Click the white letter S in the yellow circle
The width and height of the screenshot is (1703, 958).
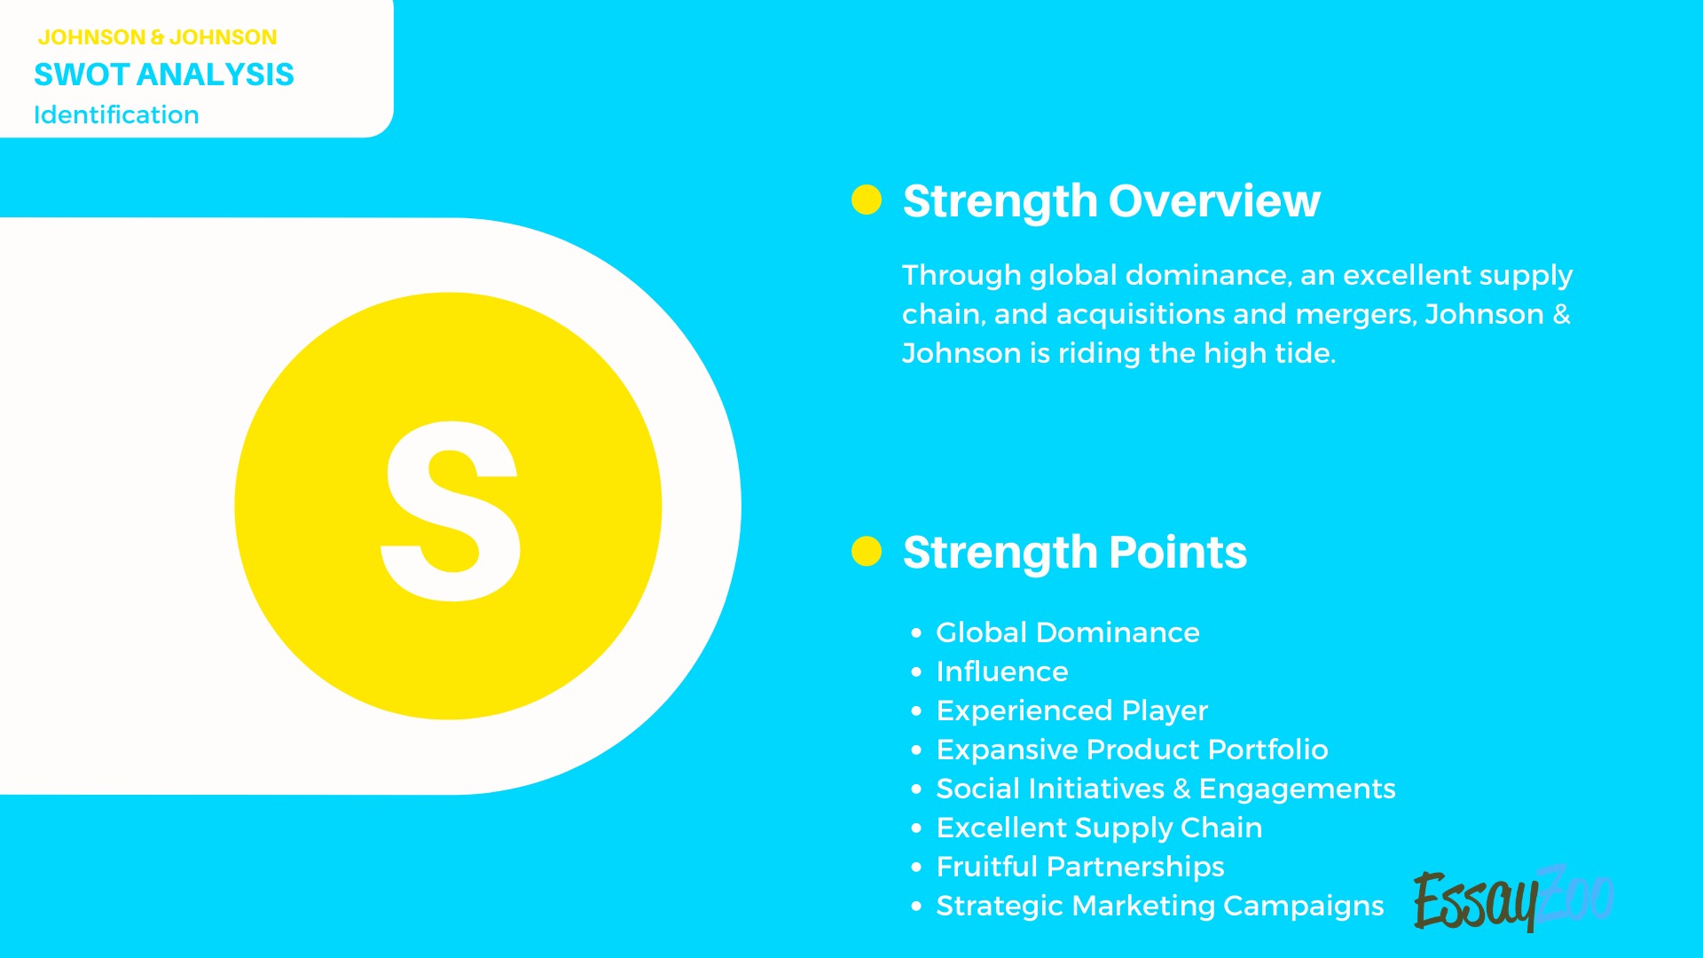click(451, 510)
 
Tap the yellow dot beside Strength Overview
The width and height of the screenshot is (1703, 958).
click(866, 200)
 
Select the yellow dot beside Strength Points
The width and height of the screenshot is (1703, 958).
click(866, 551)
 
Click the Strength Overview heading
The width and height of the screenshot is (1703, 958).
click(1110, 201)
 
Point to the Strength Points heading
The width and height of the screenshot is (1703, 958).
click(1074, 553)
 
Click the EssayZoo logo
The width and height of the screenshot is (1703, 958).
click(1512, 899)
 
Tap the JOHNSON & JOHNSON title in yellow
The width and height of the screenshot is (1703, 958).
click(157, 37)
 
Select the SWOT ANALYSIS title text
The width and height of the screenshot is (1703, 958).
click(163, 75)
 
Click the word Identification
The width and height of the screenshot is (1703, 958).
click(116, 115)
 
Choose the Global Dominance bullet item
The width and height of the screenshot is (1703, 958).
click(1067, 632)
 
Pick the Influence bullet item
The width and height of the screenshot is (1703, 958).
click(1001, 671)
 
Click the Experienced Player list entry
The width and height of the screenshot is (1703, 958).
click(1071, 711)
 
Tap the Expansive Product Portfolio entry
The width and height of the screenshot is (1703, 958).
click(1132, 750)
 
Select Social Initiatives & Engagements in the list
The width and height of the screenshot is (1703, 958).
click(1165, 789)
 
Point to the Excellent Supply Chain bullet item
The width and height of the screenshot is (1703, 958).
click(1099, 828)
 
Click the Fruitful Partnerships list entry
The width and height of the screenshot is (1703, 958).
click(1079, 867)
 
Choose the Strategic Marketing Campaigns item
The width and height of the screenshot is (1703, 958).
click(1159, 906)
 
